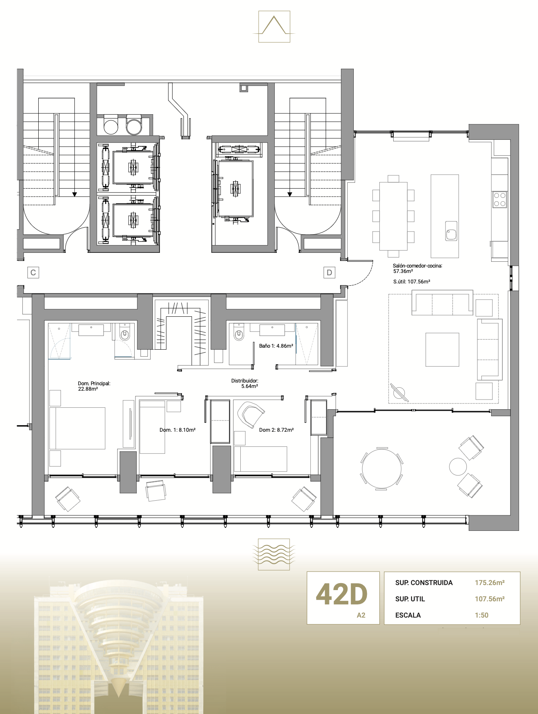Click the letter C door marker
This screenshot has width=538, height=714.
point(33,273)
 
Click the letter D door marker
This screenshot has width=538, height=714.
point(329,273)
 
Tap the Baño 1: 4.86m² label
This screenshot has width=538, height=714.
point(276,346)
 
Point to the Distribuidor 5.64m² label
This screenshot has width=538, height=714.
point(245,383)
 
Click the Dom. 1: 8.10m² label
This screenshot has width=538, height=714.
point(177,430)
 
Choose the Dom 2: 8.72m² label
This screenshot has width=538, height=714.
point(276,430)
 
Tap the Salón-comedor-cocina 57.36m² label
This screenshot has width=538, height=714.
point(417,268)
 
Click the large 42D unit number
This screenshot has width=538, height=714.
point(341,595)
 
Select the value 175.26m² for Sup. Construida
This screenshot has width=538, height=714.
point(490,583)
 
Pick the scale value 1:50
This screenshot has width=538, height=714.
point(481,615)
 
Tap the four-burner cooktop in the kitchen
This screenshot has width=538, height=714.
point(500,199)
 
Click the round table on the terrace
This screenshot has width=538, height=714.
point(382,469)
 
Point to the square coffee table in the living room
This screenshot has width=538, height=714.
point(442,350)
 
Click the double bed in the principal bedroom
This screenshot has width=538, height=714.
point(77,428)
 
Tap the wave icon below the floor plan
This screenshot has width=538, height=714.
point(274,554)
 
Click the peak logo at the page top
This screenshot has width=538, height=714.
point(274,26)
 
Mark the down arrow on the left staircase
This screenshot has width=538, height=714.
point(75,194)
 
